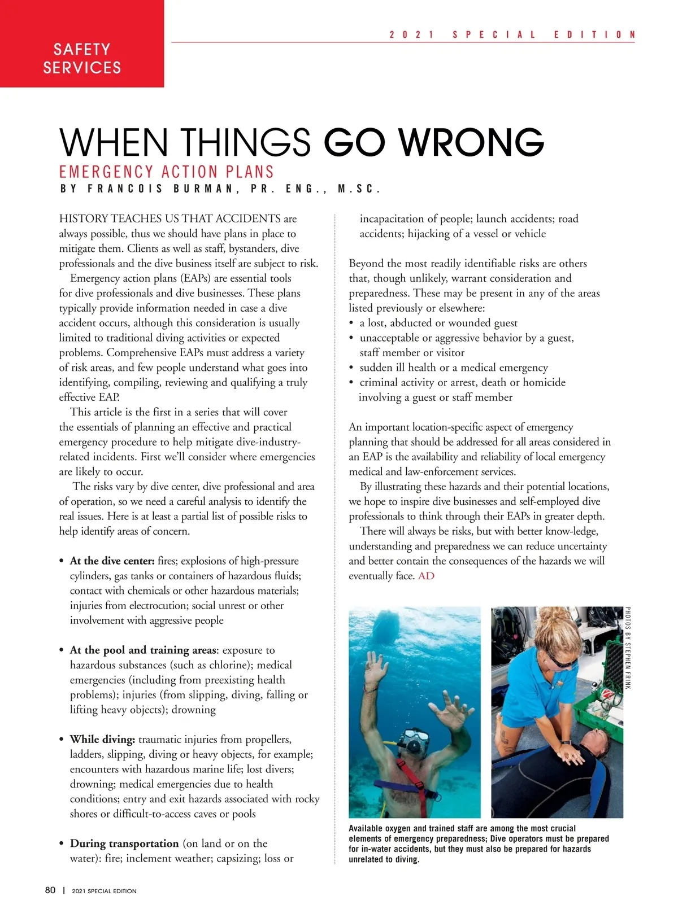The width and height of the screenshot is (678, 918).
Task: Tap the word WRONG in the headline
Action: tap(472, 142)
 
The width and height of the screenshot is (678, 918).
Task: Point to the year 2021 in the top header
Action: tap(411, 34)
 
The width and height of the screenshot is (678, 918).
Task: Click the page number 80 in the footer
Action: tap(50, 890)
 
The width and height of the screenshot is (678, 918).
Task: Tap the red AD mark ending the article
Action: tap(426, 576)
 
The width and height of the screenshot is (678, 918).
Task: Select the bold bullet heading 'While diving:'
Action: tap(102, 740)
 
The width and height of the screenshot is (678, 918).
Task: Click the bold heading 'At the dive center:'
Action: tap(112, 561)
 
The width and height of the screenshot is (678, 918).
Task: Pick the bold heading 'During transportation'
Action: tap(124, 843)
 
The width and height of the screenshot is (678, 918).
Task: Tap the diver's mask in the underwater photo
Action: tap(415, 737)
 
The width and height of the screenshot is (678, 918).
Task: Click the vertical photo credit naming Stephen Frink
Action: tap(628, 648)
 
